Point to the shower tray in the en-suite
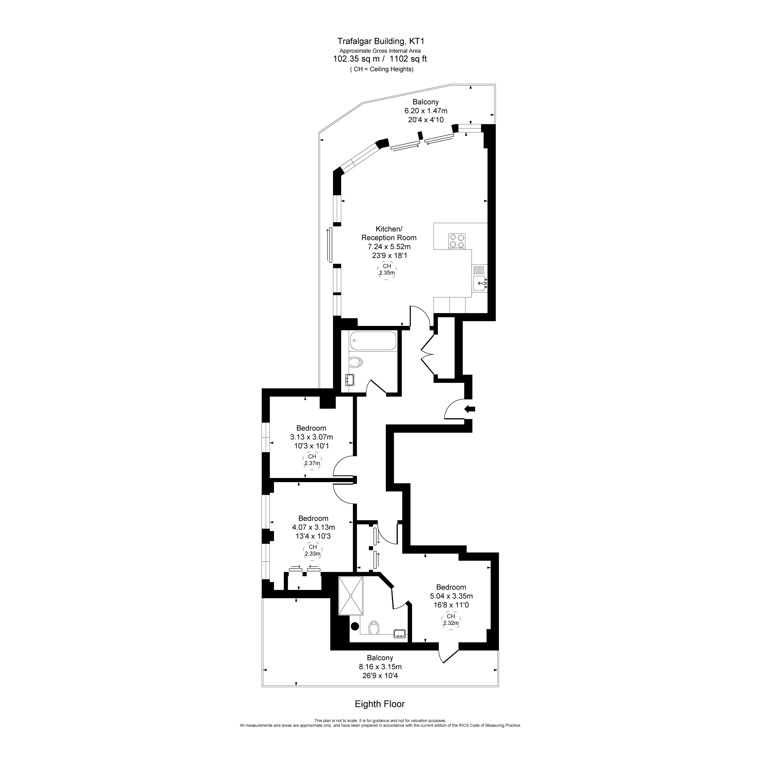351,595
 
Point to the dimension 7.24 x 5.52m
389,247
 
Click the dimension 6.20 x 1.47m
426,111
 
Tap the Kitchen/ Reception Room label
389,233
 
